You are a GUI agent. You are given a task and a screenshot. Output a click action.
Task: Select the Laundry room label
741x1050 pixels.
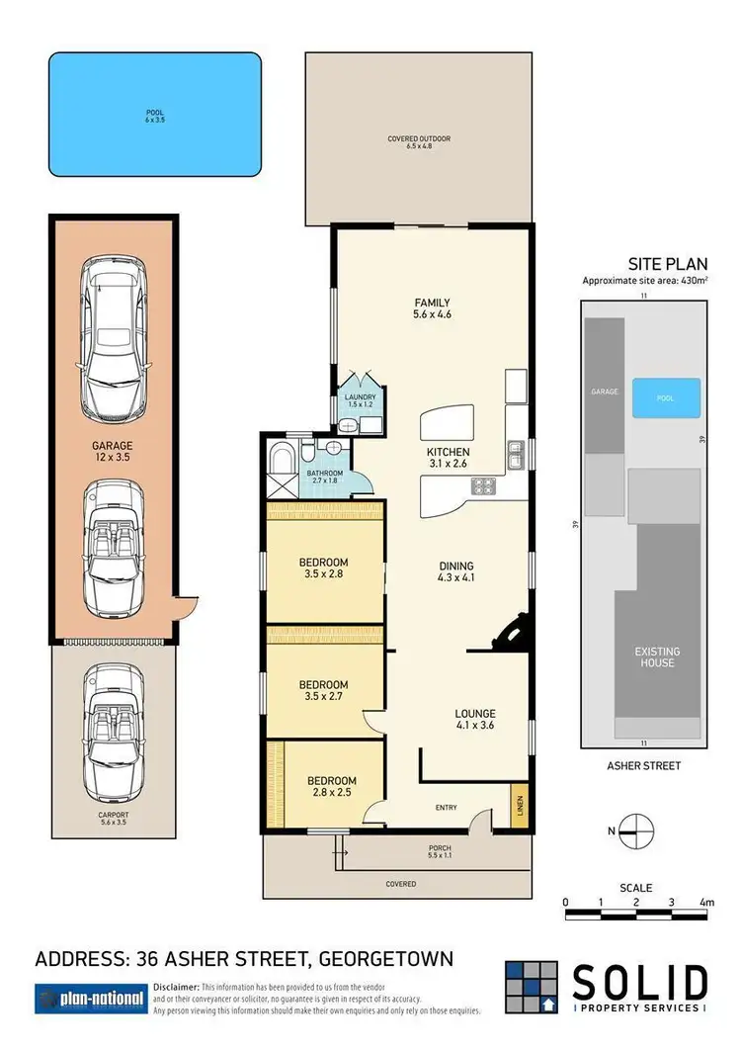361,400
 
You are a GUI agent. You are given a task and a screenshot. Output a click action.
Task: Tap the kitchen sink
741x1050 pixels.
516,455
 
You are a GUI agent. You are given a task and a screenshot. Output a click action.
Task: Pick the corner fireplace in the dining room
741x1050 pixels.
515,634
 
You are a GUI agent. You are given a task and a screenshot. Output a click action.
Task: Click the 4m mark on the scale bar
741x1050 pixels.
705,901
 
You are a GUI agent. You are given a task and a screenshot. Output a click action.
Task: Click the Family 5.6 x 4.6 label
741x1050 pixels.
432,308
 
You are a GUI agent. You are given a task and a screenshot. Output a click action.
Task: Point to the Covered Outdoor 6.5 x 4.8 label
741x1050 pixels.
419,142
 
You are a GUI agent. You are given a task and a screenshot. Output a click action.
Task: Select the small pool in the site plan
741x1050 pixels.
665,397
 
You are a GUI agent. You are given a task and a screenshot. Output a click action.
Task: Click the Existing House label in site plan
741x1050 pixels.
657,656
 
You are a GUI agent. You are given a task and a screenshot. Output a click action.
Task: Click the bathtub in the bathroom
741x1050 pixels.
279,462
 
